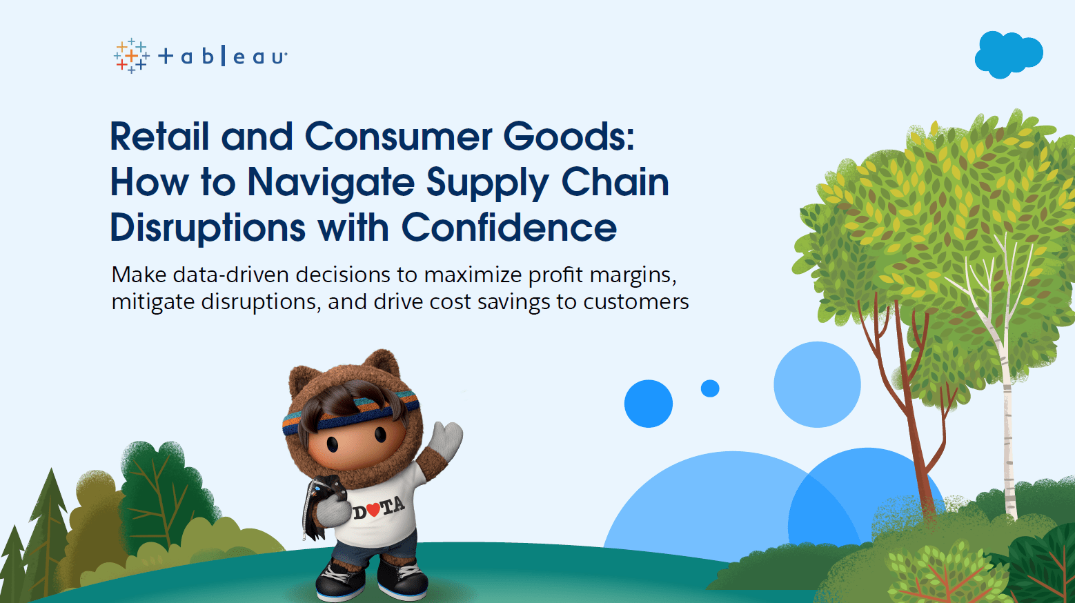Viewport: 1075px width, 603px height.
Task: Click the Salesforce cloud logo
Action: click(x=1008, y=55)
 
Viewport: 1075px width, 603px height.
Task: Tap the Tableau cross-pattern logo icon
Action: click(x=132, y=56)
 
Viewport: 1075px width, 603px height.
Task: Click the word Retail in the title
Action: click(x=160, y=136)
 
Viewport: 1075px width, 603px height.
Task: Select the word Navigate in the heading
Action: click(x=331, y=182)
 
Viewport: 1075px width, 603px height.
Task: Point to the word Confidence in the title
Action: click(x=509, y=228)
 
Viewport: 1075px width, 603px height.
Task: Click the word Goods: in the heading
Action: click(x=569, y=136)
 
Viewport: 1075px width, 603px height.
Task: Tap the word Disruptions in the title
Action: click(x=208, y=228)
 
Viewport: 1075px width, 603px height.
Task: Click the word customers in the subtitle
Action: click(x=636, y=302)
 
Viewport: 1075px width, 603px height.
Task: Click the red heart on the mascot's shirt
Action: click(x=374, y=508)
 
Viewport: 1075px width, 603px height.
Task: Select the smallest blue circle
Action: click(x=710, y=388)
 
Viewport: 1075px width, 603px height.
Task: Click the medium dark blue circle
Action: click(x=649, y=404)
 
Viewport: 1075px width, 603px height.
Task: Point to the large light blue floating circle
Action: click(x=817, y=385)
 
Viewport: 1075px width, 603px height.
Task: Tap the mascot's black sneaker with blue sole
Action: click(x=339, y=581)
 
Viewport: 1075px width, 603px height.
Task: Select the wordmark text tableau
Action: click(x=223, y=57)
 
